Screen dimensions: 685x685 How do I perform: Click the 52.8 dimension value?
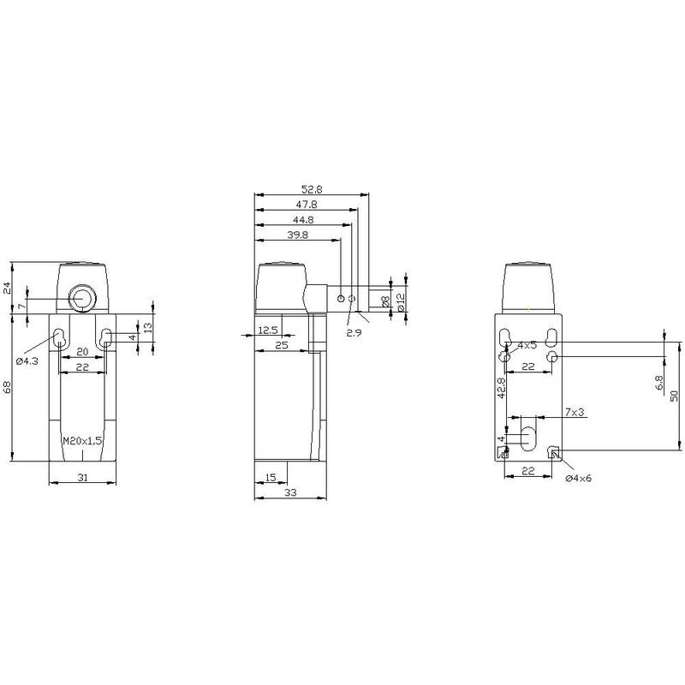pos(312,189)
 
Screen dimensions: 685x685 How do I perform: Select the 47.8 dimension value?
pos(307,204)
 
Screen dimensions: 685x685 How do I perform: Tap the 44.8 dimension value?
pos(303,219)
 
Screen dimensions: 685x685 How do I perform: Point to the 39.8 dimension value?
pos(298,235)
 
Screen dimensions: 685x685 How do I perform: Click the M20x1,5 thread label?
pos(82,440)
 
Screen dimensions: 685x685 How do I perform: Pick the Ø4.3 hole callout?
pos(27,361)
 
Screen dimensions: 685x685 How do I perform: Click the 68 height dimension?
pos(7,387)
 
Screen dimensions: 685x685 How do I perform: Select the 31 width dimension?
pos(82,478)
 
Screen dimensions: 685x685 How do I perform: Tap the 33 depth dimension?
pos(290,492)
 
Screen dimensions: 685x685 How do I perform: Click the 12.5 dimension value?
pos(268,331)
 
